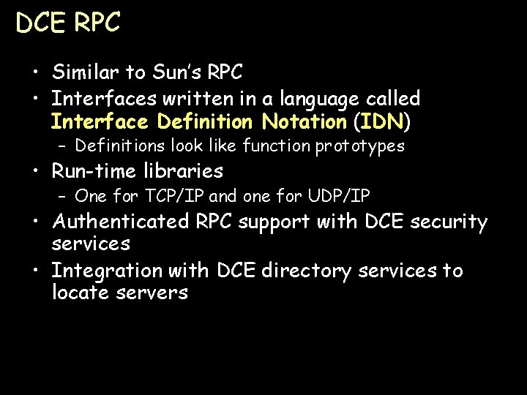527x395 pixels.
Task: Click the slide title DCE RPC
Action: coord(67,23)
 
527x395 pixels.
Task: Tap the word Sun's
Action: coord(176,72)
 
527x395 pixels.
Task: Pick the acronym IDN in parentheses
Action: coord(381,120)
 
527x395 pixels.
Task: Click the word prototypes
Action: coord(359,146)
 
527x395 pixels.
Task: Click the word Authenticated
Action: coord(121,222)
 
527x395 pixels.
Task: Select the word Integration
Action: coord(107,271)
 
